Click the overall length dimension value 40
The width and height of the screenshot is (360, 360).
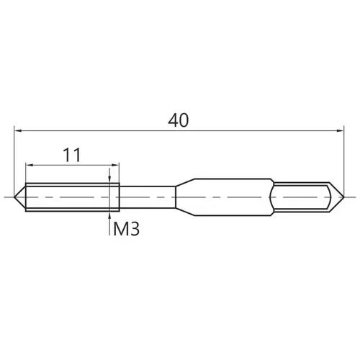179,120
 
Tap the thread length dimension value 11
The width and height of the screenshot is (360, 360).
72,155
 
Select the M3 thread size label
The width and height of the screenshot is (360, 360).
126,229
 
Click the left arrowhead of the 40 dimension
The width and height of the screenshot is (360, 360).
18,131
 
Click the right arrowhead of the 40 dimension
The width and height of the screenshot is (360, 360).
340,131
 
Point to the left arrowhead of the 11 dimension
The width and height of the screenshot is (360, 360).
30,165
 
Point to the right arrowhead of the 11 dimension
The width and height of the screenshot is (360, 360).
115,165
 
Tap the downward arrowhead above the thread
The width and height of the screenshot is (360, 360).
109,179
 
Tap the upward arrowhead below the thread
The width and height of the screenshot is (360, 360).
109,215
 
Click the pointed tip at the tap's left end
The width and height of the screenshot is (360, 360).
14,197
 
